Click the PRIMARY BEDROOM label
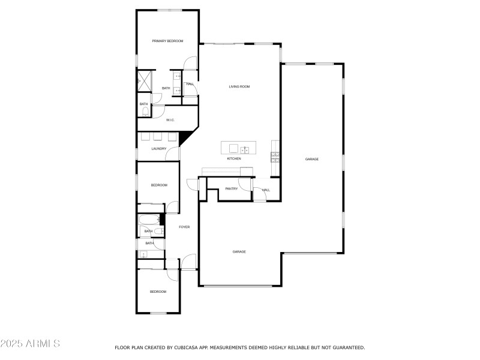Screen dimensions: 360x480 point(167,41)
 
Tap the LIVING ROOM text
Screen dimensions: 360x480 point(239,86)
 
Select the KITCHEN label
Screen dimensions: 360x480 point(233,158)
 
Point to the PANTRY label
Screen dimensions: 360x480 point(231,189)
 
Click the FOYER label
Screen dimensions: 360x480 point(184,227)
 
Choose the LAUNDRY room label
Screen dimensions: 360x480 point(158,149)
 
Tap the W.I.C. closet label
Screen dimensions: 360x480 point(170,120)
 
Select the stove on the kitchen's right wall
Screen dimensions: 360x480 point(275,157)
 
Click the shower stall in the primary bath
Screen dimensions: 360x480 point(144,80)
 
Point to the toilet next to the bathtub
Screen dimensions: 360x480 point(158,231)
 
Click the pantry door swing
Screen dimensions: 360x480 point(244,184)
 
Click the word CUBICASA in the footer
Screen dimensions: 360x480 point(183,347)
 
